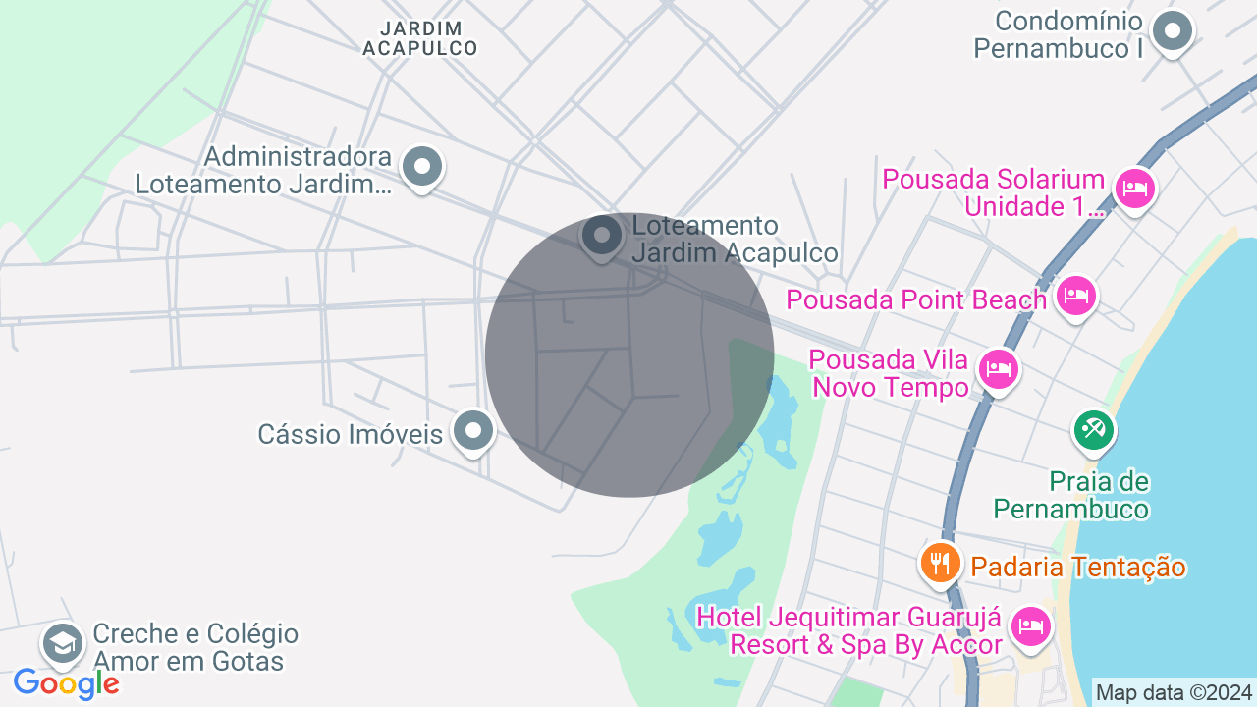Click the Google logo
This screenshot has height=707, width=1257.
pos(66,683)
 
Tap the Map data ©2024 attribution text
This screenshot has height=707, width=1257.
pos(1174,692)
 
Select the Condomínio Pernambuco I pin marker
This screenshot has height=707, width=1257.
pos(1172,31)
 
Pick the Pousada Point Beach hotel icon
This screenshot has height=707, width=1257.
pos(1076,296)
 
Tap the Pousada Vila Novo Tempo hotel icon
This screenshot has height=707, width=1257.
pos(999,369)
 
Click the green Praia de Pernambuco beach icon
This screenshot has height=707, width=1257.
pos(1093,429)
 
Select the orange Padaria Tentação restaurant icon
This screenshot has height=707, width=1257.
pos(940,562)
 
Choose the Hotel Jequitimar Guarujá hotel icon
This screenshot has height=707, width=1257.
pos(1030,625)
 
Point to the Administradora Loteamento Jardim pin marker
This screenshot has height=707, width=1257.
pos(422,167)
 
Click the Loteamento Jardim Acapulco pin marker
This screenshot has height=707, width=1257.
pos(602,236)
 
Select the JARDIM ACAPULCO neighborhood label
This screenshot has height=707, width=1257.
pos(419,38)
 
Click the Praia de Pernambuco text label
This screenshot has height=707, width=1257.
pos(1070,495)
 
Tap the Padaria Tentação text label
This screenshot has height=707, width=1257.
pos(1077,567)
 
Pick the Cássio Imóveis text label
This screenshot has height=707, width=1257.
pos(350,434)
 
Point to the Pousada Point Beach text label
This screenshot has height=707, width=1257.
pos(916,299)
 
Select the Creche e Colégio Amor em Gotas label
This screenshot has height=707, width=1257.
pos(194,647)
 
